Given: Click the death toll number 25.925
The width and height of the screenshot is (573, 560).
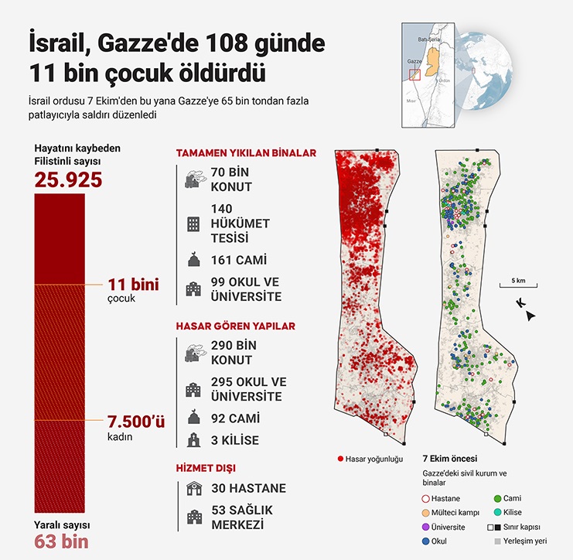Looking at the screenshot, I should pyautogui.click(x=68, y=180).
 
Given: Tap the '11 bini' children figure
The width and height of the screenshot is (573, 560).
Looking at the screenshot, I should pyautogui.click(x=134, y=285).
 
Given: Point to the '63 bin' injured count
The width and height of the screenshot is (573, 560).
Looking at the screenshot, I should pyautogui.click(x=61, y=541).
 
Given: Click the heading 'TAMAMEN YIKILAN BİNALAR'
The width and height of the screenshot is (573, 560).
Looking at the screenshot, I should pyautogui.click(x=246, y=153).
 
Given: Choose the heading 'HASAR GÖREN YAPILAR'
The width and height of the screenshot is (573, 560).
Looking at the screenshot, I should pyautogui.click(x=235, y=326).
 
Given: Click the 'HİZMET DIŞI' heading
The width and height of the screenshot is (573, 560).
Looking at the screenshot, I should pyautogui.click(x=206, y=468).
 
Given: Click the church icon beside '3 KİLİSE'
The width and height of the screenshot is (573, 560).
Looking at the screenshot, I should pyautogui.click(x=192, y=440).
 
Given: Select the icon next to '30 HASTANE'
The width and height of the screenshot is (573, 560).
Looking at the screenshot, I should pyautogui.click(x=192, y=488).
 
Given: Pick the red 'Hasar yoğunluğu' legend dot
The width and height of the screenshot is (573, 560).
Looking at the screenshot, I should pyautogui.click(x=341, y=459).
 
